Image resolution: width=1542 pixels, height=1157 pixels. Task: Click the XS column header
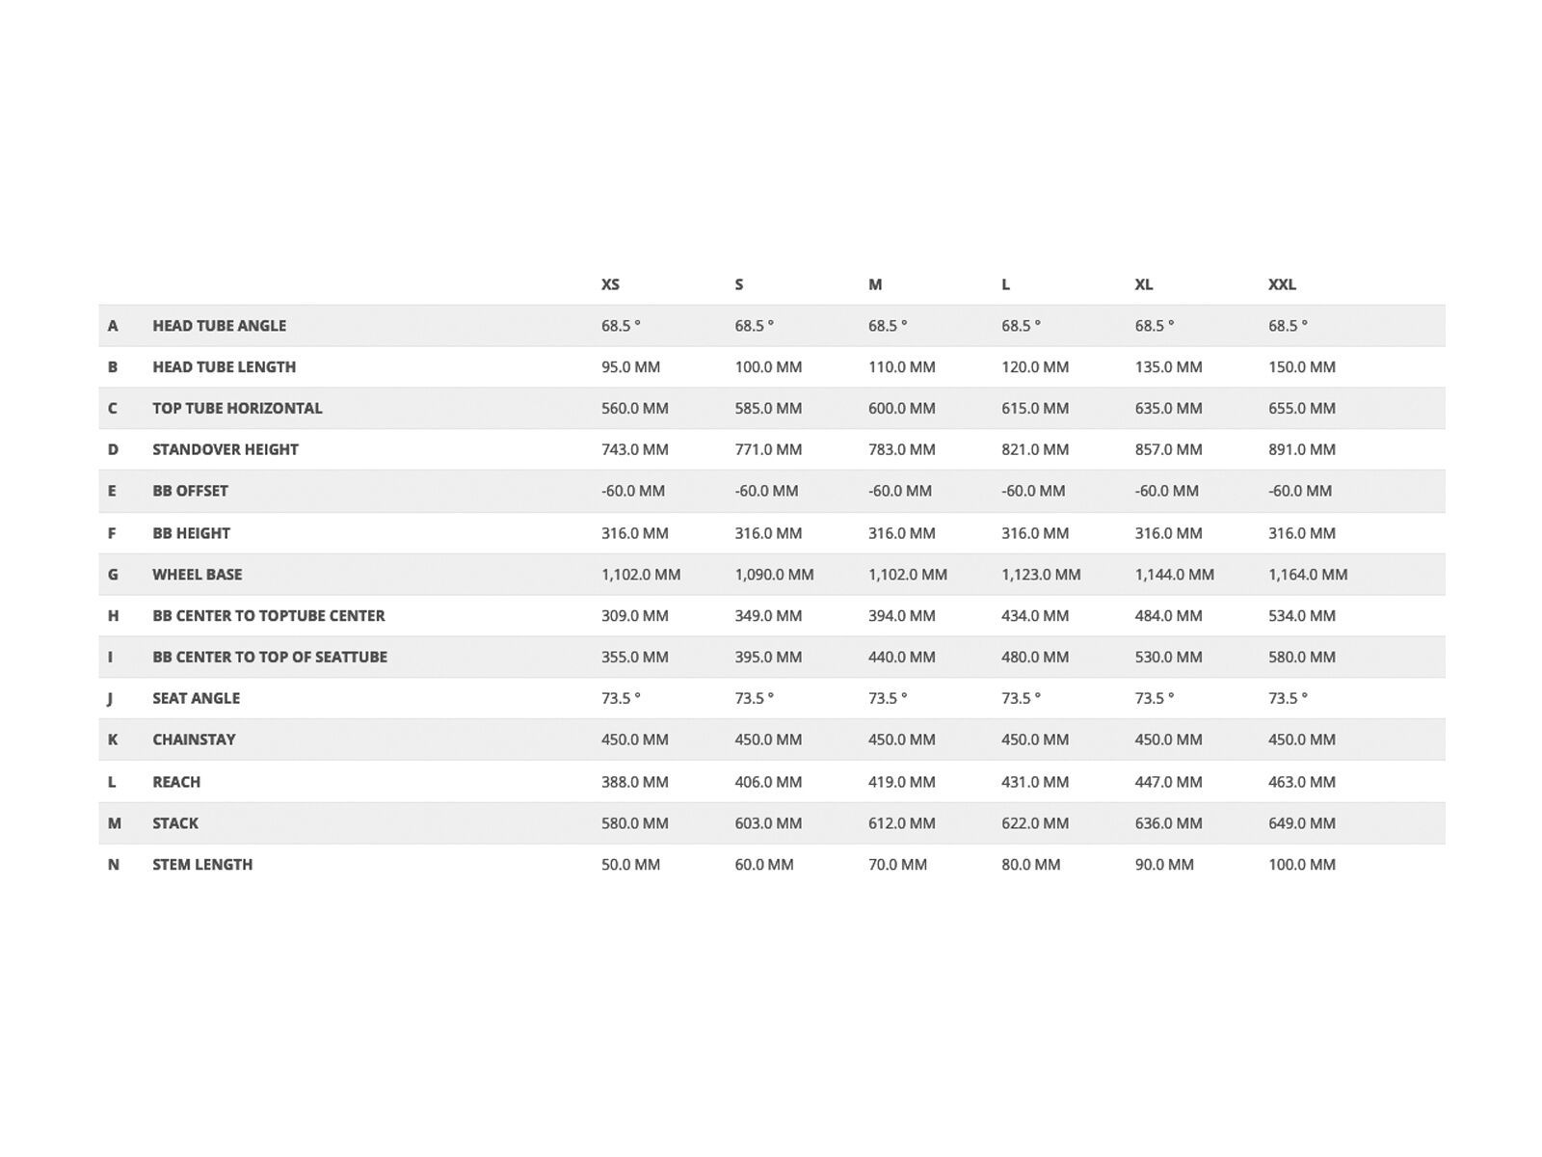[610, 284]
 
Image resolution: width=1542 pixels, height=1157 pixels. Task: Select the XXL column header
[1282, 284]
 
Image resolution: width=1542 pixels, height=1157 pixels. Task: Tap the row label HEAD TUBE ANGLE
[219, 326]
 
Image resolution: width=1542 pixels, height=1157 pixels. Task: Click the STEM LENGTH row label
[202, 865]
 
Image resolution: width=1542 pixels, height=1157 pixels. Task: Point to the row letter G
[113, 575]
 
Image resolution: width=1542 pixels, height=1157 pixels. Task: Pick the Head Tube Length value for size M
[901, 367]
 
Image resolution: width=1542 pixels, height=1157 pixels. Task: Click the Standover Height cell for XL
[1168, 449]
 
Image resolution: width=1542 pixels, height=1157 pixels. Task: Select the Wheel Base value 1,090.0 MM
[774, 575]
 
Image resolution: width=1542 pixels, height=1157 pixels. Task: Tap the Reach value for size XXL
[1301, 782]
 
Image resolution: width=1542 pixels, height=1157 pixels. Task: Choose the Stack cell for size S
[768, 823]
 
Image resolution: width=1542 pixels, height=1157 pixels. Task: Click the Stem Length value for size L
[1030, 865]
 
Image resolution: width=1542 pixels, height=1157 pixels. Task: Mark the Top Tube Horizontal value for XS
[634, 409]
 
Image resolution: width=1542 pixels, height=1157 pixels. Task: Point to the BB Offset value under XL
[1166, 491]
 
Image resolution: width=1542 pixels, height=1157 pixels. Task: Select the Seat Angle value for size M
[887, 698]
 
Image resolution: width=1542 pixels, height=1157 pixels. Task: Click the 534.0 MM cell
[1301, 615]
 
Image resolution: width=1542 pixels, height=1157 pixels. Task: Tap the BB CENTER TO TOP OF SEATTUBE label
[270, 657]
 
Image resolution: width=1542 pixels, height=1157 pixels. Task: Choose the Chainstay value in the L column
[1035, 740]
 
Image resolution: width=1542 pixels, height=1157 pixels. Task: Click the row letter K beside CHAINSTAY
[113, 740]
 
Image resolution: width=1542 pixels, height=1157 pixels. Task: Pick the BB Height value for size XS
[634, 533]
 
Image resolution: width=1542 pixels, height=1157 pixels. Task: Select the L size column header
[1005, 284]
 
